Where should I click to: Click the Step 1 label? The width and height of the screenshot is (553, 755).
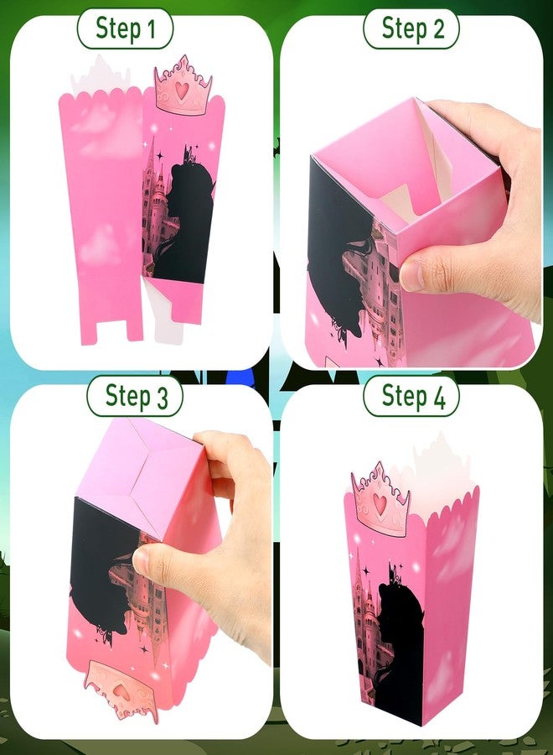[x=125, y=29]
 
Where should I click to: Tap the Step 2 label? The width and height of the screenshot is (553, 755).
[x=411, y=29]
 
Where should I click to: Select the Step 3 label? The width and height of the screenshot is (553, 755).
[x=135, y=397]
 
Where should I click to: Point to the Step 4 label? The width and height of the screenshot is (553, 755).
[x=411, y=397]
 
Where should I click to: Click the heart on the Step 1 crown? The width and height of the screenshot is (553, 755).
[x=181, y=90]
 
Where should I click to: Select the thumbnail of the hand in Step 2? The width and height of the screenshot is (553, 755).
[x=411, y=276]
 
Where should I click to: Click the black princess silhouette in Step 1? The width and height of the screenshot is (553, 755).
[x=188, y=221]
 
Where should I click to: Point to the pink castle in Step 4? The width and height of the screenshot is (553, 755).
[x=366, y=621]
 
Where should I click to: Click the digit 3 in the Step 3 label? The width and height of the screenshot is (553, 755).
[x=161, y=398]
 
